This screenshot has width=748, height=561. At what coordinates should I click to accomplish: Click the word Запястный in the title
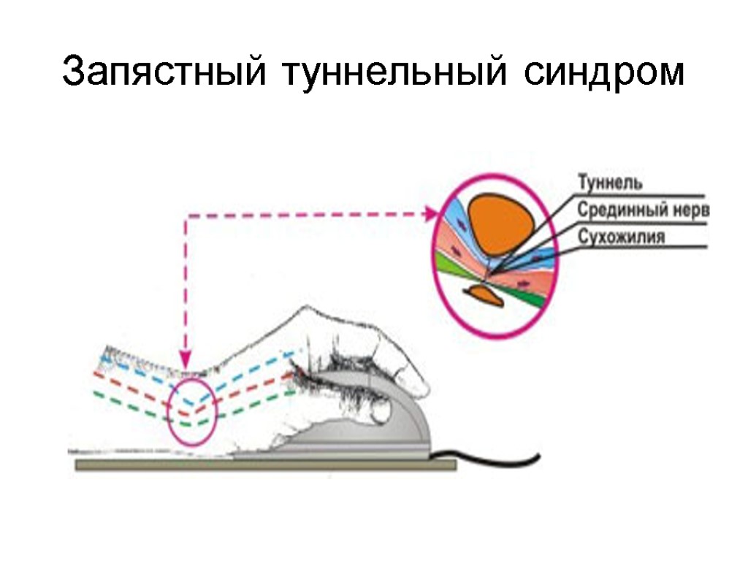(163, 73)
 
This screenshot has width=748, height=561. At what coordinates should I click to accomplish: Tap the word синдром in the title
(603, 73)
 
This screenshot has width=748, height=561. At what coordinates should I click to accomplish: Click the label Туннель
(610, 180)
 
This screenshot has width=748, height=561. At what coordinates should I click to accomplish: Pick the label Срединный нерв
(643, 210)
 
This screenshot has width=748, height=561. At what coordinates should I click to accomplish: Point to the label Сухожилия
(621, 237)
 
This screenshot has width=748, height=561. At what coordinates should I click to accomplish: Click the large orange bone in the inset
(500, 223)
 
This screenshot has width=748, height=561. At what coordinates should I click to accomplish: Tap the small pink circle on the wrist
(192, 411)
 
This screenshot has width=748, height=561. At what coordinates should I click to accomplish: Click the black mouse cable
(504, 461)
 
